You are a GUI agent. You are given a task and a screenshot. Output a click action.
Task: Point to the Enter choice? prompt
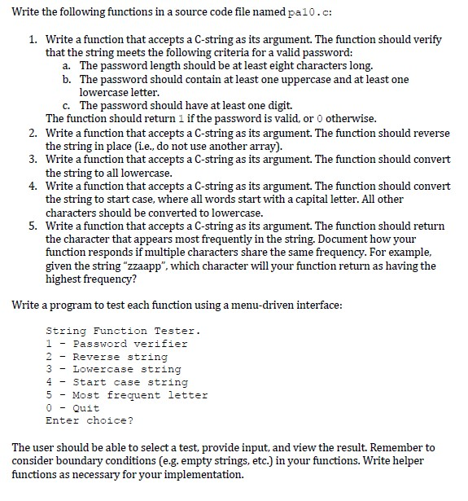(x=90, y=421)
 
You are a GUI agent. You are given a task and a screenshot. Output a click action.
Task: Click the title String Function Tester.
(x=123, y=331)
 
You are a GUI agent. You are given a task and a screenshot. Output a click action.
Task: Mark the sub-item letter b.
(x=67, y=79)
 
